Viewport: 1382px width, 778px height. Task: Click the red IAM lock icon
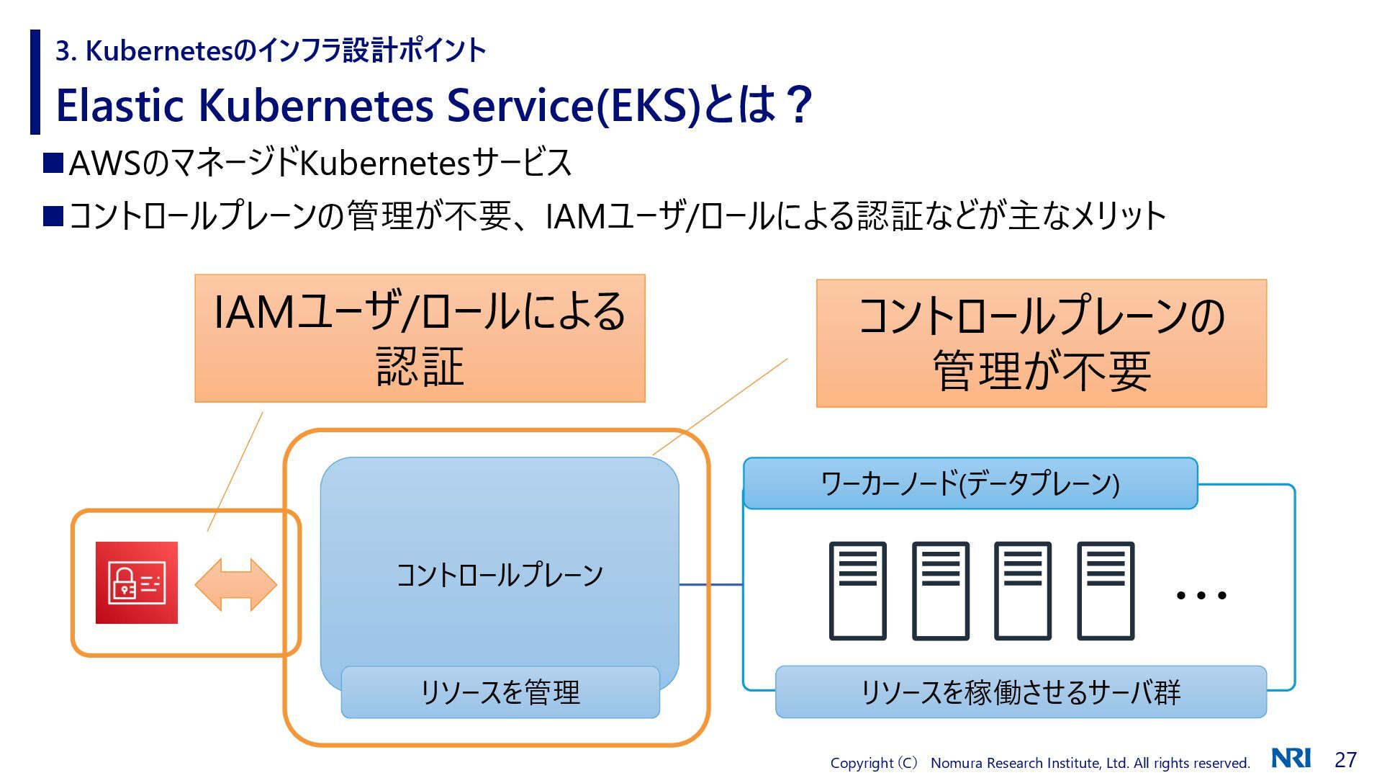(137, 583)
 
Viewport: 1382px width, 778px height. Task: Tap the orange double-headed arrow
(235, 584)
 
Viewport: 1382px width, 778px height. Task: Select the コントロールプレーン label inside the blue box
(500, 575)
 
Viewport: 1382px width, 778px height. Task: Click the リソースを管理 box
(500, 692)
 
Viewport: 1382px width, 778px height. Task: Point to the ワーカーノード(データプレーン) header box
(970, 483)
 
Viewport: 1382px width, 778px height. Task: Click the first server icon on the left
(857, 591)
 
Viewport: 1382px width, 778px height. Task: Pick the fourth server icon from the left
(1105, 591)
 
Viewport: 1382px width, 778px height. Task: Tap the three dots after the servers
(1201, 596)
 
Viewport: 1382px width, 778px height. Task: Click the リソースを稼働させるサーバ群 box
(1020, 692)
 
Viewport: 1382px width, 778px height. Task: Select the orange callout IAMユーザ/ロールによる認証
(420, 338)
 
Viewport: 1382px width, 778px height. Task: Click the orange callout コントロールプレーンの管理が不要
(1041, 344)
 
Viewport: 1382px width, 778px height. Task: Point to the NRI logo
(1291, 759)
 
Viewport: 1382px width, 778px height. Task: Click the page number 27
(1345, 760)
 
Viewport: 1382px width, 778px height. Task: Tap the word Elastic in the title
(120, 105)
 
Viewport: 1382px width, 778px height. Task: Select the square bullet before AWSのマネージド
(53, 163)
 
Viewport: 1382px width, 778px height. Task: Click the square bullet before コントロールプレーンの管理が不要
(53, 216)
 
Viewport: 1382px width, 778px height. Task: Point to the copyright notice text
(1039, 763)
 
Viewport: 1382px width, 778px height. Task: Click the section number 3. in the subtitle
(66, 51)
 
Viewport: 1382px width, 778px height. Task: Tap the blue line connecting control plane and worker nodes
(711, 584)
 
